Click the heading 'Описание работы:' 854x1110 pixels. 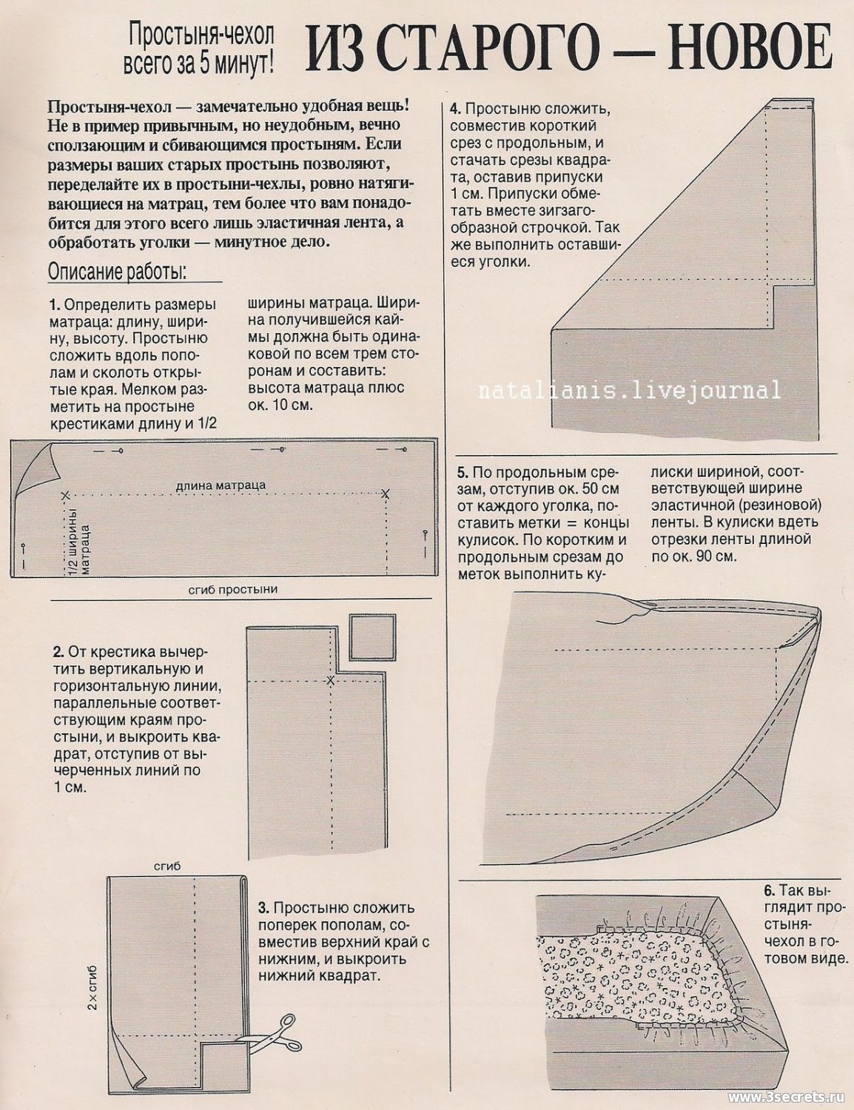pos(118,272)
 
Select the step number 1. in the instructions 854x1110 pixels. pos(53,305)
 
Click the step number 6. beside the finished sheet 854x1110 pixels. pos(769,890)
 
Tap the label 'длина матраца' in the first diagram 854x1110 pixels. pos(221,485)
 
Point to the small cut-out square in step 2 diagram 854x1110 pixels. pos(372,635)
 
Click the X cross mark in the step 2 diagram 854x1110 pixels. pos(331,680)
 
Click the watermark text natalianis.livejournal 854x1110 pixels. pos(629,390)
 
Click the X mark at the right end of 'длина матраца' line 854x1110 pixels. pos(385,493)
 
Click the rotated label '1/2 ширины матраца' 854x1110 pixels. pos(78,540)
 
